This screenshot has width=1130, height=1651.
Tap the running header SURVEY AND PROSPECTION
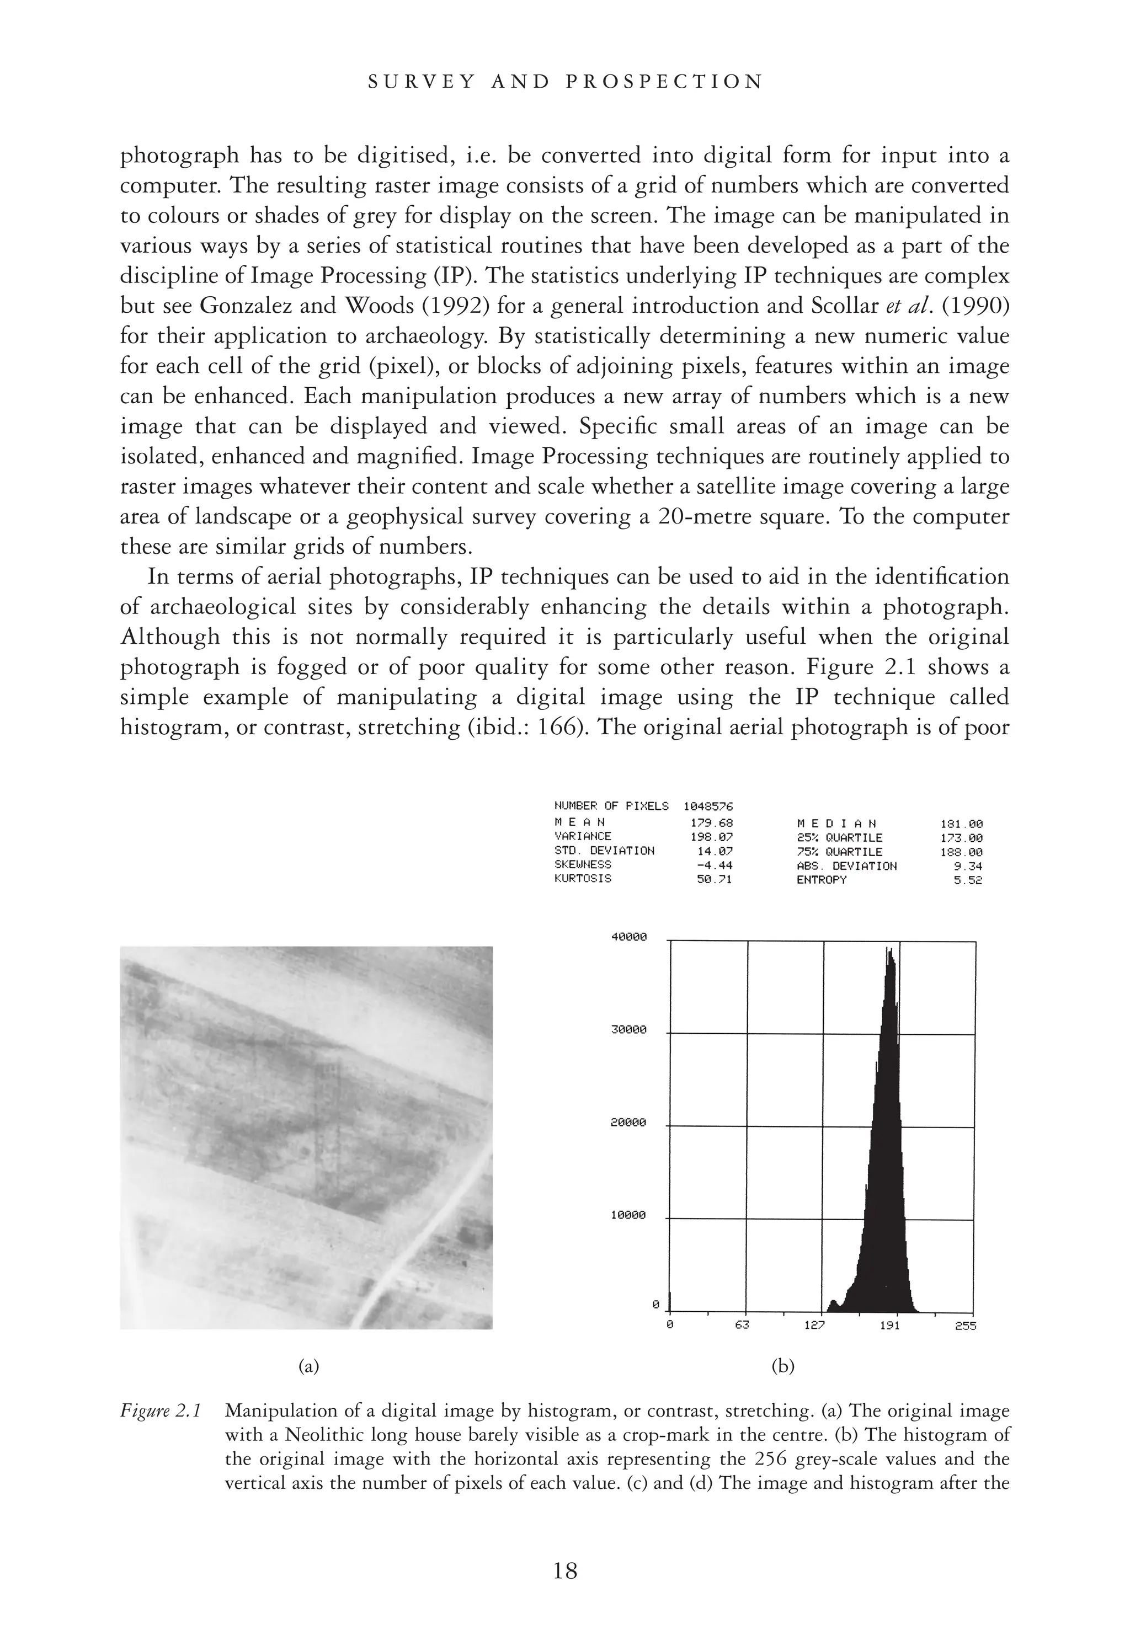pyautogui.click(x=566, y=82)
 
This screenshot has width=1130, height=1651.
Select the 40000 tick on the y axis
pyautogui.click(x=629, y=937)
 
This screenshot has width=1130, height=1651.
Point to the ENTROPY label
pyautogui.click(x=822, y=879)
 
